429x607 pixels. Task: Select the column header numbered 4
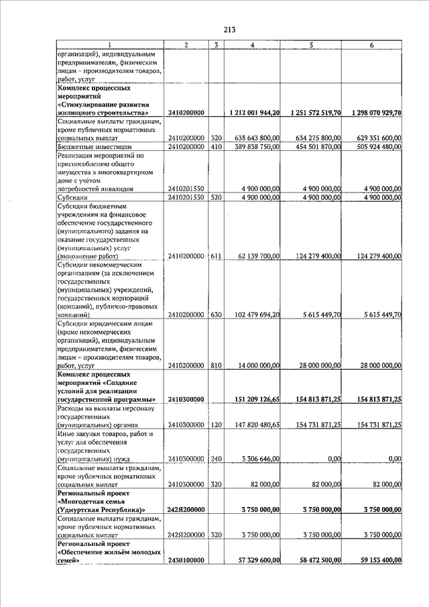(252, 44)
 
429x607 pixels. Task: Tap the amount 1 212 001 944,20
(255, 113)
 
